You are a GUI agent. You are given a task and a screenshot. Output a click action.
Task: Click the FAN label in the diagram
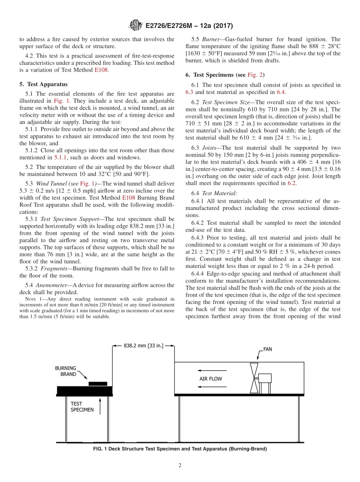pyautogui.click(x=268, y=349)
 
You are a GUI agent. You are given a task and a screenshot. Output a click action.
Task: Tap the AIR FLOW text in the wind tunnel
pyautogui.click(x=211, y=379)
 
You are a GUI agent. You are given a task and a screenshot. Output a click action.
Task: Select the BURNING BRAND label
pyautogui.click(x=66, y=371)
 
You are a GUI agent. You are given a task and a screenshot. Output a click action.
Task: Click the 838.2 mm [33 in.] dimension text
pyautogui.click(x=144, y=346)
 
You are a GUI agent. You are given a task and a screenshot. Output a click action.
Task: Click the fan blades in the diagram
pyautogui.click(x=254, y=378)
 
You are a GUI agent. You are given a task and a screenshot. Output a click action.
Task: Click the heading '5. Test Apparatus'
pyautogui.click(x=43, y=84)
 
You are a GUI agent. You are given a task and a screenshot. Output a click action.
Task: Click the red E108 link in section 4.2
pyautogui.click(x=101, y=70)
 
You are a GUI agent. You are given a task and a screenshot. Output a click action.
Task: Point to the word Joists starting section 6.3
pyautogui.click(x=210, y=148)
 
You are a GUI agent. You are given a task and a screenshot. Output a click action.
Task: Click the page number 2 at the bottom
pyautogui.click(x=180, y=466)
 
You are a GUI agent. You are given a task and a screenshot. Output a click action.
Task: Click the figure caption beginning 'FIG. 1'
pyautogui.click(x=180, y=449)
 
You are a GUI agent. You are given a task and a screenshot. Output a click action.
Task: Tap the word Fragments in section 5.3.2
pyautogui.click(x=54, y=268)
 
